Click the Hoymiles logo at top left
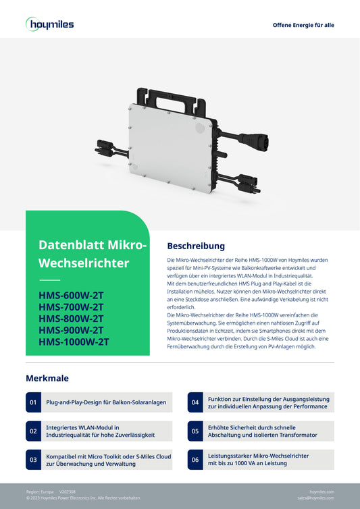(x=50, y=24)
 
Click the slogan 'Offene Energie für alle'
(x=303, y=25)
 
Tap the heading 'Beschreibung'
(x=196, y=246)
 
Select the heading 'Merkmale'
(x=47, y=378)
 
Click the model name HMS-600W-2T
(x=71, y=296)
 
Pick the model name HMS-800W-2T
(x=71, y=319)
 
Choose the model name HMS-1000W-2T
(x=74, y=342)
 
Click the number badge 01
(x=33, y=402)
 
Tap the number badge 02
(x=33, y=431)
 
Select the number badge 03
(x=33, y=460)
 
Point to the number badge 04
(x=195, y=402)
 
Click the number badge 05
(x=195, y=431)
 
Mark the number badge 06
(x=195, y=460)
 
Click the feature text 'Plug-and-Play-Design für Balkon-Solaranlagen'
(x=106, y=402)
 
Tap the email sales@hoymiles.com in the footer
(x=315, y=498)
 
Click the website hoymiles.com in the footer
(x=322, y=491)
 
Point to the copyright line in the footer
(x=83, y=498)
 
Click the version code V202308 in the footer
(x=68, y=491)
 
